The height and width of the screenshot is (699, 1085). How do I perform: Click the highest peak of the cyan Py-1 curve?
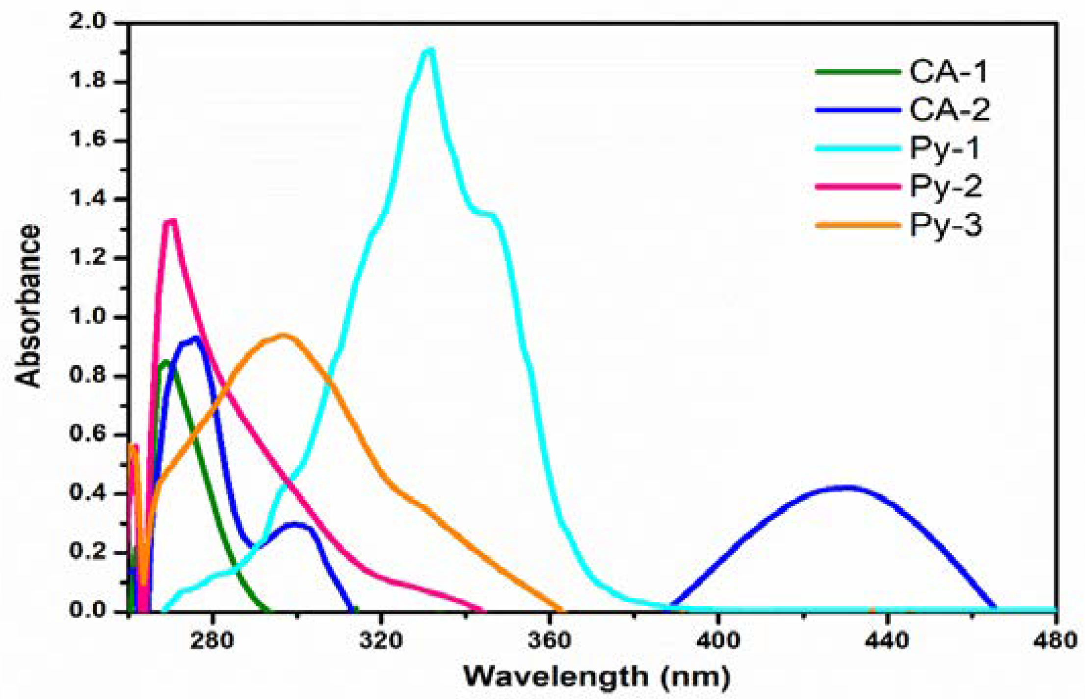tap(430, 51)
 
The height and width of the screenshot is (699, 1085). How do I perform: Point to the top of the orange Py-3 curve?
tap(283, 336)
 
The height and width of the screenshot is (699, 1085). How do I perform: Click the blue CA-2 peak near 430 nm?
tap(845, 487)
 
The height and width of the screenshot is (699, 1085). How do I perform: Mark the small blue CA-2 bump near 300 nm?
tap(294, 524)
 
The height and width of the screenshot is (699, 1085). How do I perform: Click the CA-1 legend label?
tap(948, 72)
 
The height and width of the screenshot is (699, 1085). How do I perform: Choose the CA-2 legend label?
tap(950, 110)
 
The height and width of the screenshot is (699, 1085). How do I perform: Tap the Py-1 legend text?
tap(945, 149)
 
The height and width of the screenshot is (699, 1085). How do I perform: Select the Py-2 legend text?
tap(946, 187)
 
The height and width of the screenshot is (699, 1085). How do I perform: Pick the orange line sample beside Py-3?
tap(858, 225)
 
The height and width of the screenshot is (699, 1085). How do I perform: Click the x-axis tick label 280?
tap(212, 641)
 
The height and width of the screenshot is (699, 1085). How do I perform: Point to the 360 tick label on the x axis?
tap(550, 641)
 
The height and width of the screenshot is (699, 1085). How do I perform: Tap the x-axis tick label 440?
tap(887, 641)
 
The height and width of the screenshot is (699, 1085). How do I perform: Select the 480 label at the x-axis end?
tap(1055, 641)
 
